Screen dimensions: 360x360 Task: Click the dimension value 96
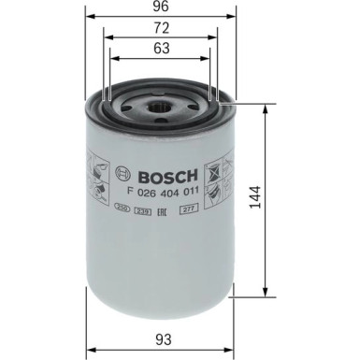pos(161,7)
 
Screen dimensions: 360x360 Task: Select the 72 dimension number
pos(161,31)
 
